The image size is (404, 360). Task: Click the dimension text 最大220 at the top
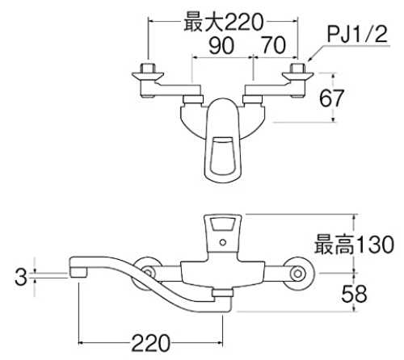click(223, 23)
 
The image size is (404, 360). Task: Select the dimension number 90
click(221, 45)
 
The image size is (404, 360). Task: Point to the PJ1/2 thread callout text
click(357, 34)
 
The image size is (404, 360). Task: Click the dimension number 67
click(331, 98)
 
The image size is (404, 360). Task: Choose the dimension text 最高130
click(354, 245)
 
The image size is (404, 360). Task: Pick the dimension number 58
click(354, 293)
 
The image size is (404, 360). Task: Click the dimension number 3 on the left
click(21, 277)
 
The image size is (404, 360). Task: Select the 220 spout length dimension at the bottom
click(150, 343)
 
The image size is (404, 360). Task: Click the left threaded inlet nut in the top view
click(148, 69)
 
